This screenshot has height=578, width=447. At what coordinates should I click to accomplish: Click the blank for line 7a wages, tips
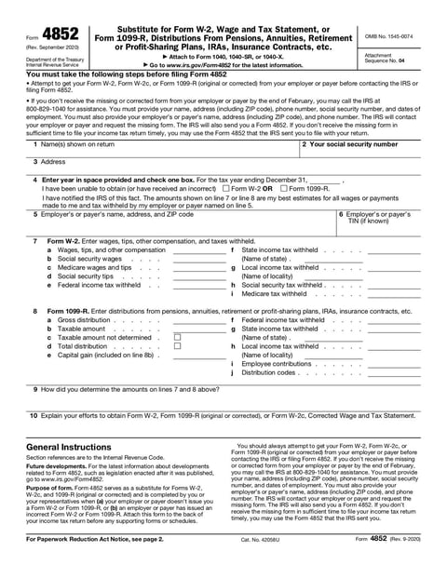(x=198, y=250)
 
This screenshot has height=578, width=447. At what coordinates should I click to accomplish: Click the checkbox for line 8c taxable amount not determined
(x=178, y=337)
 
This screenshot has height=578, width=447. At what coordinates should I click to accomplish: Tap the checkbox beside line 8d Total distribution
(x=178, y=345)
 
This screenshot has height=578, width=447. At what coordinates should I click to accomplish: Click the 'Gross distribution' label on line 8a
(x=85, y=319)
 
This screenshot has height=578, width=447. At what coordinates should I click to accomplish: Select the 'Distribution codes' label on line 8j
(x=269, y=372)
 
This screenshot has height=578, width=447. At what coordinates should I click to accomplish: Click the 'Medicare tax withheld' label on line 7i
(x=280, y=293)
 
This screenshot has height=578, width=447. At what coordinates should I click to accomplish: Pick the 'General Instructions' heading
(x=67, y=448)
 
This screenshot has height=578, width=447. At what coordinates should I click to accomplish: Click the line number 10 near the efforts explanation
(x=33, y=416)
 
